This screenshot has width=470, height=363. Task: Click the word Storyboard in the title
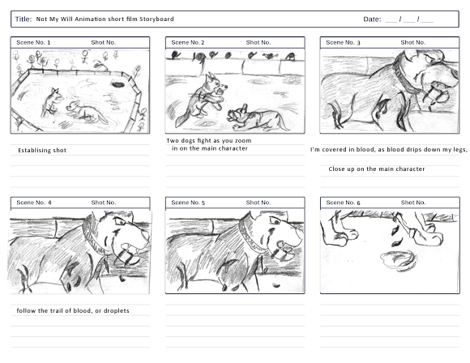click(x=156, y=19)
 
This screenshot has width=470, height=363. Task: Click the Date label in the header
click(x=372, y=19)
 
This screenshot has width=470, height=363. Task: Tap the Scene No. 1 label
click(x=33, y=43)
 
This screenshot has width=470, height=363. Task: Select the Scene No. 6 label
click(x=344, y=203)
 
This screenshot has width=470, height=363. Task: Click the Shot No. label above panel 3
click(x=413, y=43)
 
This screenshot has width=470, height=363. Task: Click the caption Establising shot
click(x=42, y=151)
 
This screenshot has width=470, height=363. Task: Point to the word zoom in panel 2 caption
click(x=243, y=141)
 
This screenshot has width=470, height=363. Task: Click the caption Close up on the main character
click(x=377, y=169)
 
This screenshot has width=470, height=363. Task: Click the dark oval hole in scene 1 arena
click(x=118, y=85)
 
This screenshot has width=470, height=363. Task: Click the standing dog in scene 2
click(x=201, y=99)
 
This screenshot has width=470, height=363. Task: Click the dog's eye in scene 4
click(x=120, y=222)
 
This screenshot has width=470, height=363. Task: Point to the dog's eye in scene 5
click(x=276, y=221)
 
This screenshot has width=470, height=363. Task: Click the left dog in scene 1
click(x=52, y=102)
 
